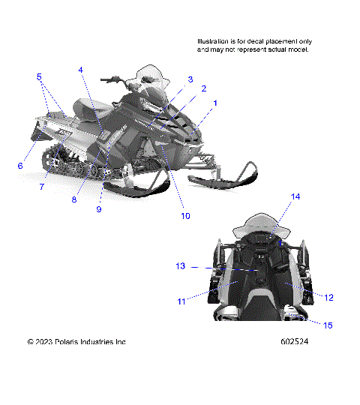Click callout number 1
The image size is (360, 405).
click(215, 102)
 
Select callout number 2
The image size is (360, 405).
click(203, 88)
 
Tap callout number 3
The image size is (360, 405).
click(190, 79)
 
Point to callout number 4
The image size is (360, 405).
click(81, 70)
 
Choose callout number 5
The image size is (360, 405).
click(40, 76)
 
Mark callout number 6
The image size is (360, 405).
click(20, 166)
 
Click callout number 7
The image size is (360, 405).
click(42, 186)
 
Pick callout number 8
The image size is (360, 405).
click(74, 199)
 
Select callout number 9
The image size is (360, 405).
click(98, 209)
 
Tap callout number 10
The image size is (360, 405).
click(185, 215)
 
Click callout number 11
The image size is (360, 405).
click(181, 301)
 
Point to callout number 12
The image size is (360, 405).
click(328, 297)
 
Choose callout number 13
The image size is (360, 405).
click(180, 266)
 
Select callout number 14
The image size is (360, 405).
click(295, 196)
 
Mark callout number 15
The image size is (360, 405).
click(327, 325)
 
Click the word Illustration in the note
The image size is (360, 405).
click(215, 41)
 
